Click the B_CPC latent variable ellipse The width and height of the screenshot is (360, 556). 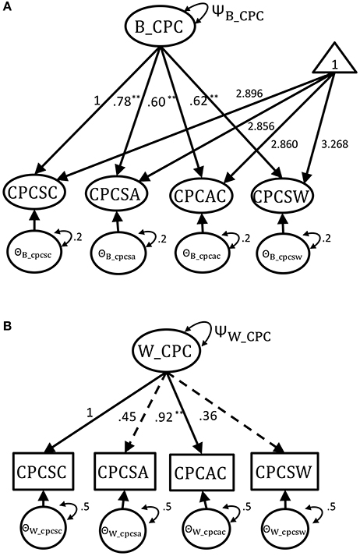coord(160,27)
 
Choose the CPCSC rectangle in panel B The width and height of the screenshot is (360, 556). coord(43,472)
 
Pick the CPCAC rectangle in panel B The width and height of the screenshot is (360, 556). coord(200,473)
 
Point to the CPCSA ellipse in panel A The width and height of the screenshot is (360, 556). coord(118,194)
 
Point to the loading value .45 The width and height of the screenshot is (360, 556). coord(127,417)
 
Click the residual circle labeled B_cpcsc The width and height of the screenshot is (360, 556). coord(34,252)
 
